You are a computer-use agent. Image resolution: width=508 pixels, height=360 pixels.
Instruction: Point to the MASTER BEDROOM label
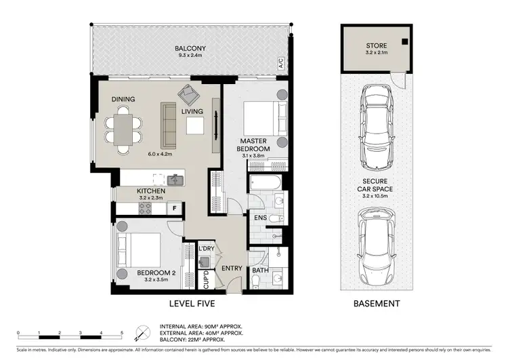click(x=254, y=144)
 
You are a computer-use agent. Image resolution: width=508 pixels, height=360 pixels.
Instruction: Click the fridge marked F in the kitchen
click(x=174, y=209)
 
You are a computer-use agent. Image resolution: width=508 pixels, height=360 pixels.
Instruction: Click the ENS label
click(x=259, y=218)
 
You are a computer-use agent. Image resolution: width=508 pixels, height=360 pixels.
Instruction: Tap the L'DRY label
click(x=206, y=248)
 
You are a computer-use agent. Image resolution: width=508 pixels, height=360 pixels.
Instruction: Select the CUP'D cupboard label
click(x=206, y=279)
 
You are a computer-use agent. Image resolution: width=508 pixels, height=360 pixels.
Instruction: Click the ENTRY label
click(x=232, y=268)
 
